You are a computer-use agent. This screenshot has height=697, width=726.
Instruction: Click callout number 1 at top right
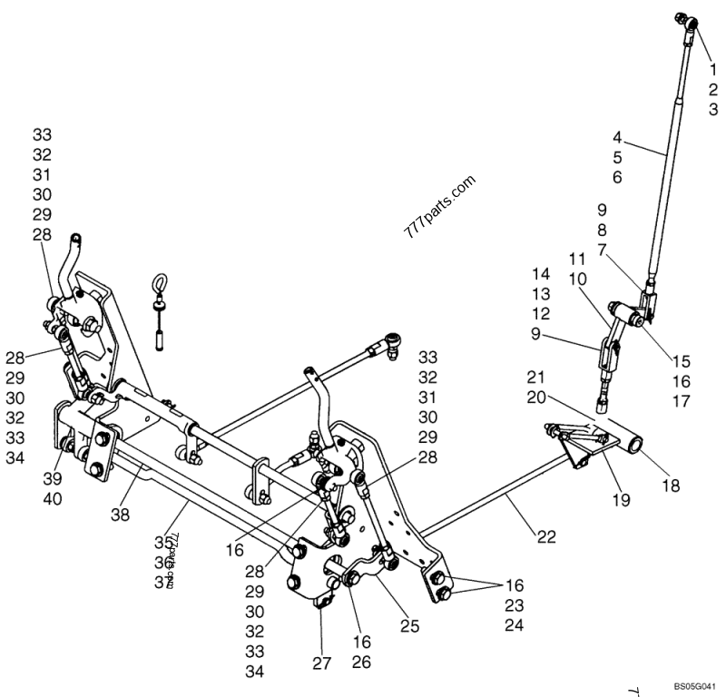[x=712, y=69]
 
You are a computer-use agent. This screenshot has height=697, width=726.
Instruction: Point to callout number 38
[x=121, y=514]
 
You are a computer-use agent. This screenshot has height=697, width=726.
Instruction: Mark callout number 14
[x=541, y=274]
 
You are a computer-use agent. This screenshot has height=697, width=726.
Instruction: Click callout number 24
[x=515, y=624]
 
